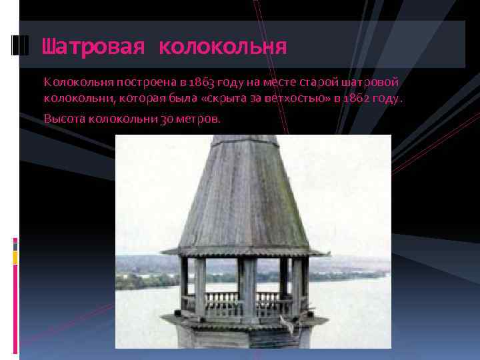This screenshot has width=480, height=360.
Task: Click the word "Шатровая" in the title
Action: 93,47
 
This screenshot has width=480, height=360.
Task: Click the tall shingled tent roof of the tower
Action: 243,193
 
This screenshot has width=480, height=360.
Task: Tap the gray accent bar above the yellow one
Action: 15,245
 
